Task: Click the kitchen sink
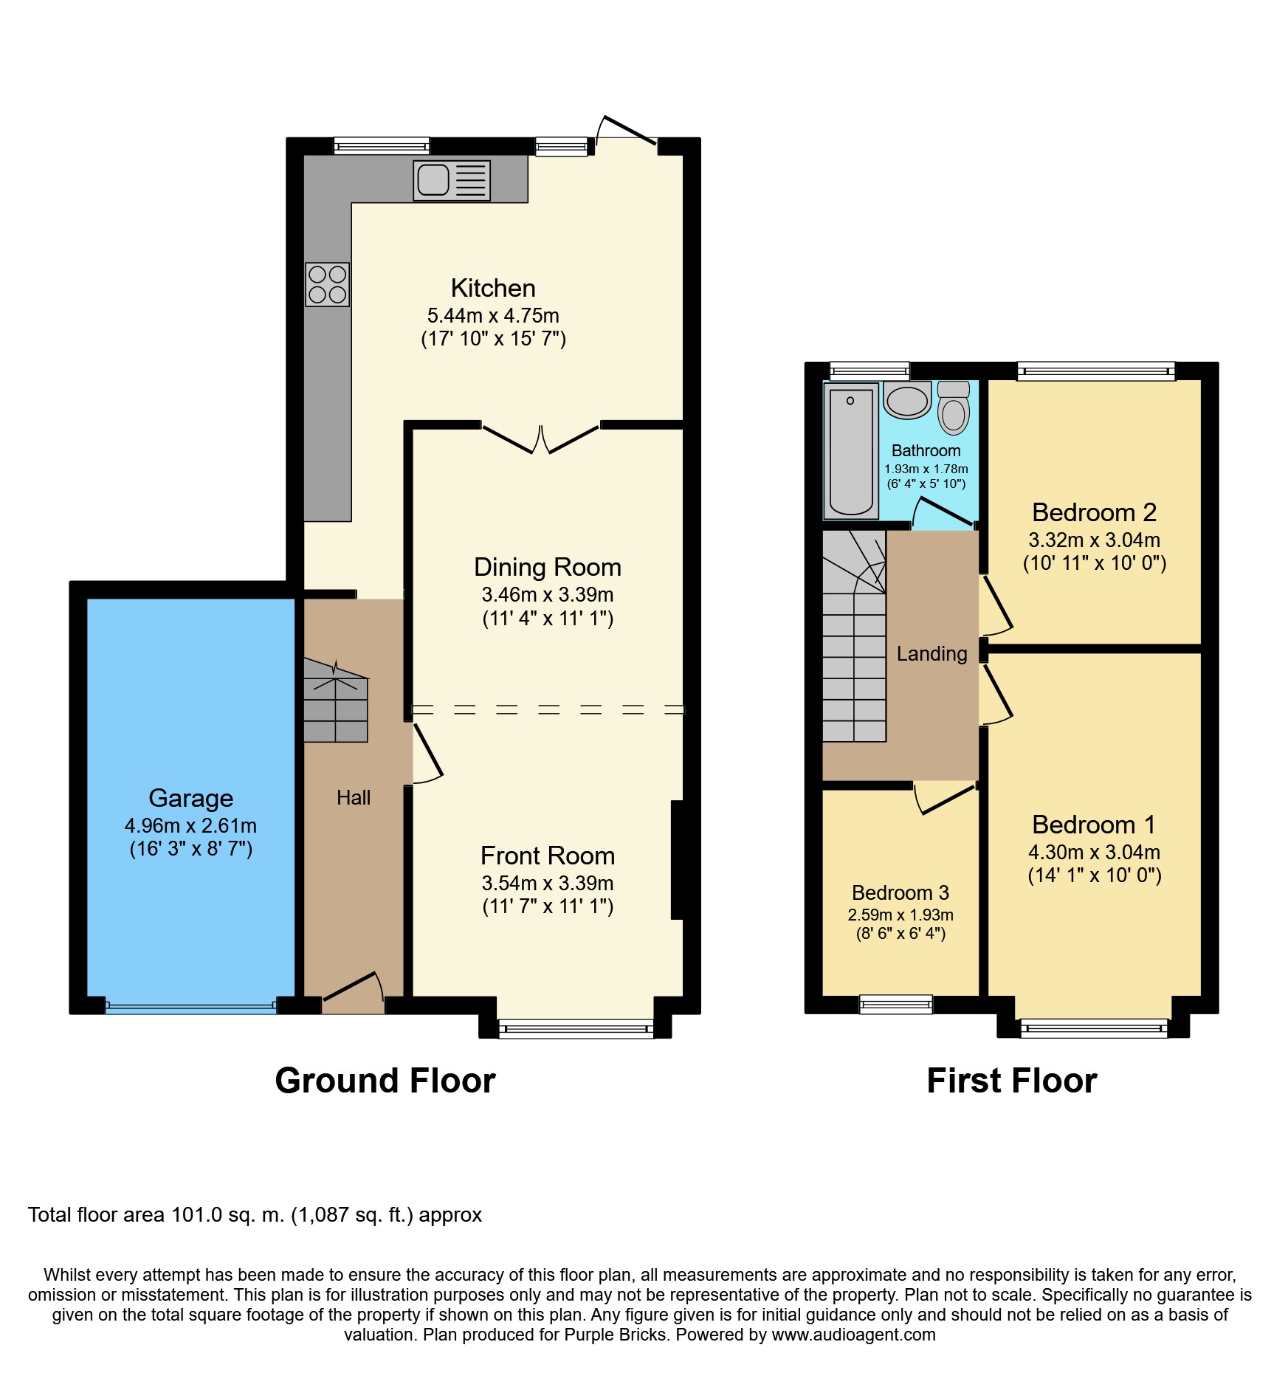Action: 452,180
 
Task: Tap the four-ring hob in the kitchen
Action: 328,285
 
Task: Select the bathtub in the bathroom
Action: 851,450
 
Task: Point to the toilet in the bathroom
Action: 954,407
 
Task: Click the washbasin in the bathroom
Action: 907,399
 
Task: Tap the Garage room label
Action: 191,798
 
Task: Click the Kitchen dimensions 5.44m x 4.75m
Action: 493,315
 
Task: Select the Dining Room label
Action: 548,567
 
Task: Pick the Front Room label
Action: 548,856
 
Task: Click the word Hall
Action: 354,797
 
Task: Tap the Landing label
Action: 931,654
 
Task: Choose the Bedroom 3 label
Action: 900,892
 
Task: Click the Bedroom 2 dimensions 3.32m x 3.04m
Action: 1095,540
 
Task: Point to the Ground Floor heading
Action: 385,1081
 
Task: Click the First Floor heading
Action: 1012,1081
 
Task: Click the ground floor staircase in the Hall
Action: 336,701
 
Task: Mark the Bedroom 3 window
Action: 896,1004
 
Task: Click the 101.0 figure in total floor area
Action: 197,1215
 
